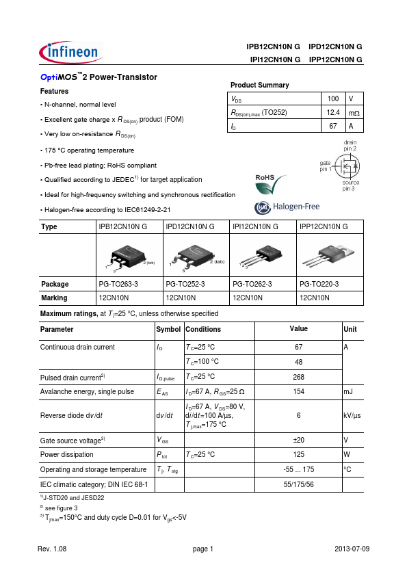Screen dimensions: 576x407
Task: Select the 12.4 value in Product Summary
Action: (333, 112)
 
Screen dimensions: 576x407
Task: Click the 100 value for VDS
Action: (333, 99)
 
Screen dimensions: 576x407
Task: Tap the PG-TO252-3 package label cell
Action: (184, 284)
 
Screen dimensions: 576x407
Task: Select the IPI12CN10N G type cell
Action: (255, 226)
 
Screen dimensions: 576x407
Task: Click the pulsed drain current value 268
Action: (298, 376)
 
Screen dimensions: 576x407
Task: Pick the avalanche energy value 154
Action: (298, 392)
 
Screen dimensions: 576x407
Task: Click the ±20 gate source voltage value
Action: (298, 440)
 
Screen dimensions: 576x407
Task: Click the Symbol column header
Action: (169, 329)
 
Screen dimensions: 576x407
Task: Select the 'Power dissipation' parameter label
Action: (68, 454)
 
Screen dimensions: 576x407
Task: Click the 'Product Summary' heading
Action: (259, 85)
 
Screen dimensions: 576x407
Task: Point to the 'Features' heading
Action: (54, 91)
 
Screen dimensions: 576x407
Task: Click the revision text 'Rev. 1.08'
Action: (52, 549)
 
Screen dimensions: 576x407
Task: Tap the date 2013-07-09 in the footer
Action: (352, 549)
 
